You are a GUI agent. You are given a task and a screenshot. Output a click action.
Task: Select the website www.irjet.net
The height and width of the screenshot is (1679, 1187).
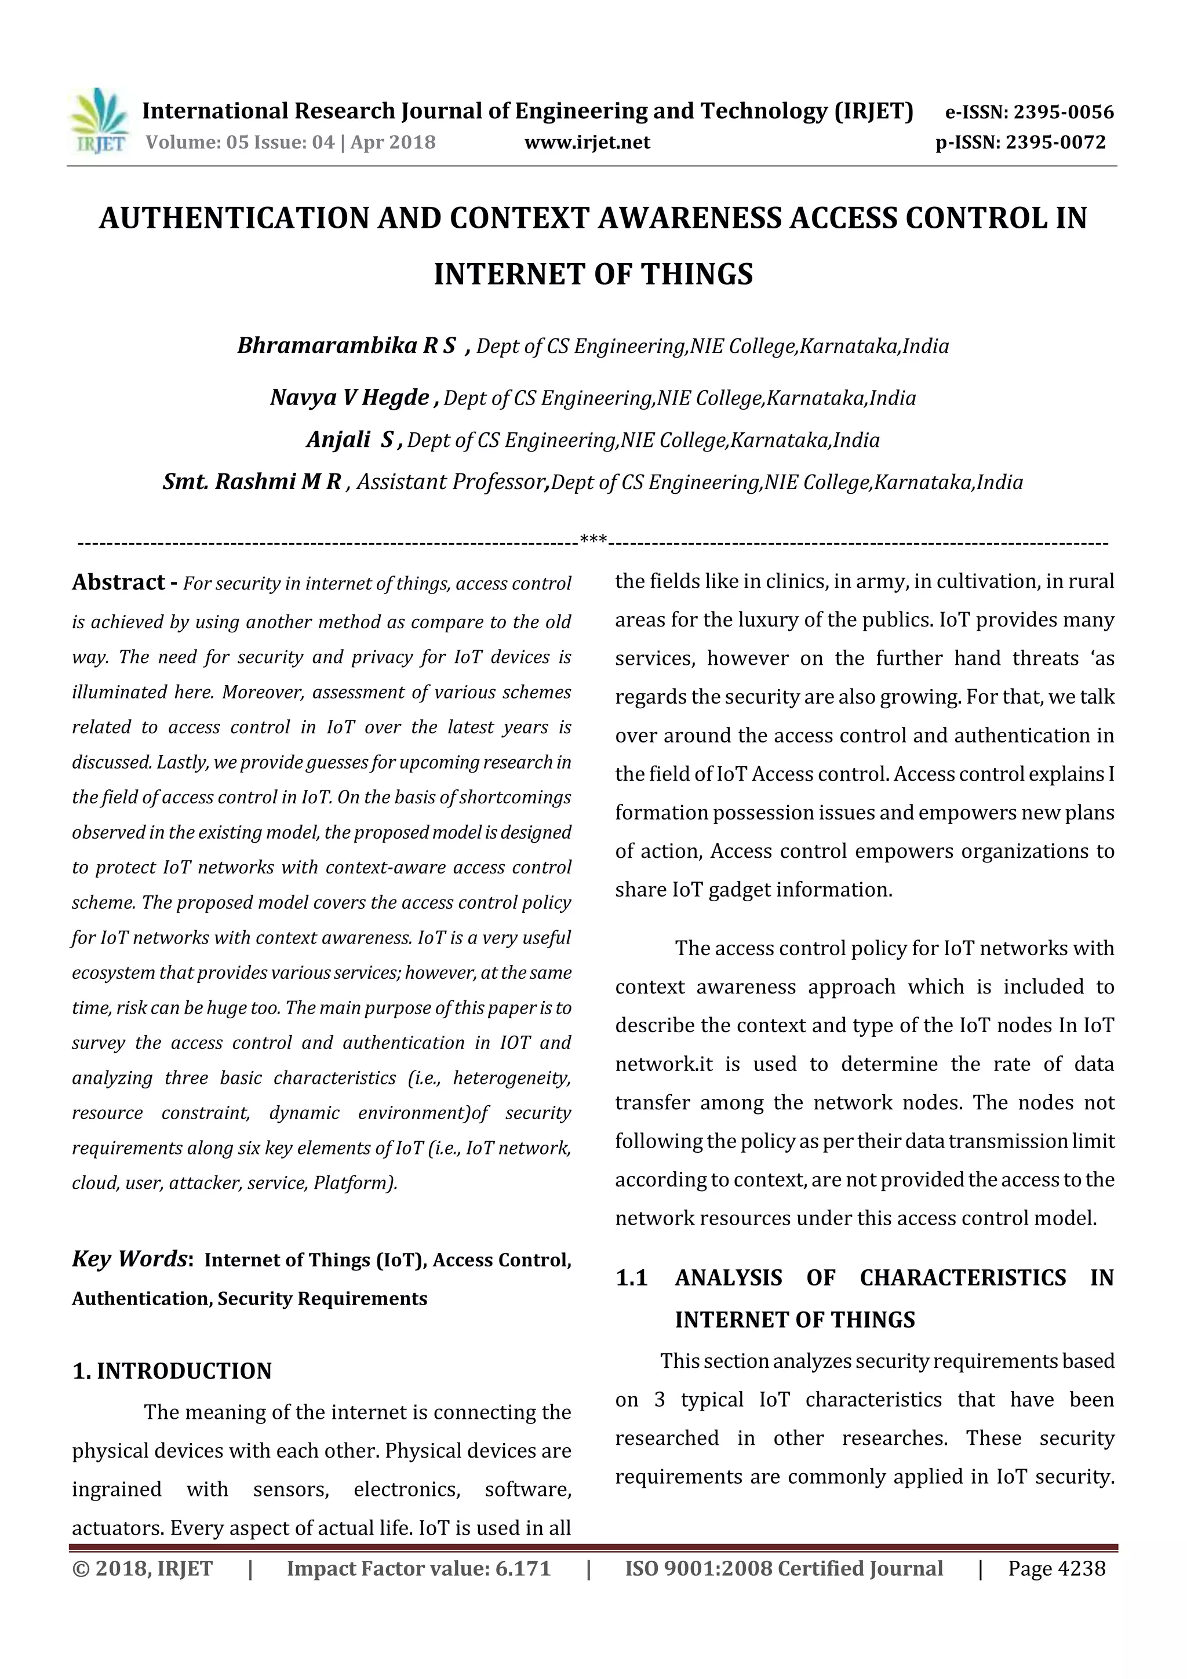587,143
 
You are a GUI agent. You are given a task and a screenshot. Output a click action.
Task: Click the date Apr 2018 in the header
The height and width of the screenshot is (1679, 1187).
393,143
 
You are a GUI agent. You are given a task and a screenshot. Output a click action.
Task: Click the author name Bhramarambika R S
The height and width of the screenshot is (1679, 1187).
347,345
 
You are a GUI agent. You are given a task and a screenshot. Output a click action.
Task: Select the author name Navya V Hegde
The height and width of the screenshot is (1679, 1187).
349,398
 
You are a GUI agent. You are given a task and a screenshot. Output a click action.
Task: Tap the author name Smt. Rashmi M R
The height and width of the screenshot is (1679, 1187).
252,482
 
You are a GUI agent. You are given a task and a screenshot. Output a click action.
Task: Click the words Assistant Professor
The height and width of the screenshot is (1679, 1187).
450,482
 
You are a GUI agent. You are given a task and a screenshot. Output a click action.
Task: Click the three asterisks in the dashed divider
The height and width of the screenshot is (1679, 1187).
592,540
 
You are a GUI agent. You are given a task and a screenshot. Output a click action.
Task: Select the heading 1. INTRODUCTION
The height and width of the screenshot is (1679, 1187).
172,1371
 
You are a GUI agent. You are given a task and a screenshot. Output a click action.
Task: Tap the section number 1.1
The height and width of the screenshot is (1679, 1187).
631,1277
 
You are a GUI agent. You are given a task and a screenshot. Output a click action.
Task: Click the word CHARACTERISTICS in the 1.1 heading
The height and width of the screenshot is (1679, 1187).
963,1277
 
